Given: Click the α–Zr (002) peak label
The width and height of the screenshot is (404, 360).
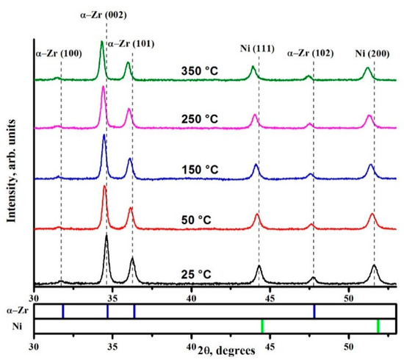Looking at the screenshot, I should [x=102, y=12].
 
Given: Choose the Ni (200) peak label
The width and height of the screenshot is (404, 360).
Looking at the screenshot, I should [x=374, y=53].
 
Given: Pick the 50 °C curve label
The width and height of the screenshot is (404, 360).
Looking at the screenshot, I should [x=202, y=220].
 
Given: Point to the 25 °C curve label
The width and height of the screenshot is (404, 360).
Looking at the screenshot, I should [x=196, y=274].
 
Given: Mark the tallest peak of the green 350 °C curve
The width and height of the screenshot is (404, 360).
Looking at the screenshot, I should [x=101, y=42].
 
